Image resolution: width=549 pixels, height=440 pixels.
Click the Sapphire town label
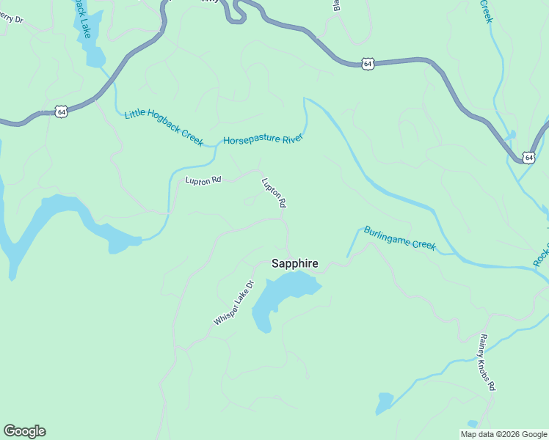click(x=295, y=263)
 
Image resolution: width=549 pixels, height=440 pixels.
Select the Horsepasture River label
click(x=263, y=139)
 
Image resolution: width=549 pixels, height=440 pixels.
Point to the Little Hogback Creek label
click(x=164, y=126)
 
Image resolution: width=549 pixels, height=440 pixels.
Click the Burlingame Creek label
click(x=400, y=238)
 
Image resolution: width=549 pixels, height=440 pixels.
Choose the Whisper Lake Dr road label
click(x=233, y=303)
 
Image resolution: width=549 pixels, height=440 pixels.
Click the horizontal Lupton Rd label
click(x=203, y=180)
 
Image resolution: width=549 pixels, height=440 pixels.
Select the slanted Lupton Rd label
click(x=273, y=193)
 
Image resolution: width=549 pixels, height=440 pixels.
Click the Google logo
click(x=24, y=431)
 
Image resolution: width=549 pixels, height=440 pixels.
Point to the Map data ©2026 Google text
click(x=503, y=434)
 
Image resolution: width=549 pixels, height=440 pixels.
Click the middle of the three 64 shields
click(x=368, y=65)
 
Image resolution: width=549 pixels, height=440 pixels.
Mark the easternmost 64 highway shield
click(x=528, y=157)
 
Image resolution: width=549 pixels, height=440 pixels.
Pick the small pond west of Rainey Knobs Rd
click(x=384, y=403)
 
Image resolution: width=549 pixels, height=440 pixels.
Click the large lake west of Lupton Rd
click(x=59, y=220)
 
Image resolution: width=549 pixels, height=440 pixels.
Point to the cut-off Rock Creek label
click(x=541, y=254)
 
